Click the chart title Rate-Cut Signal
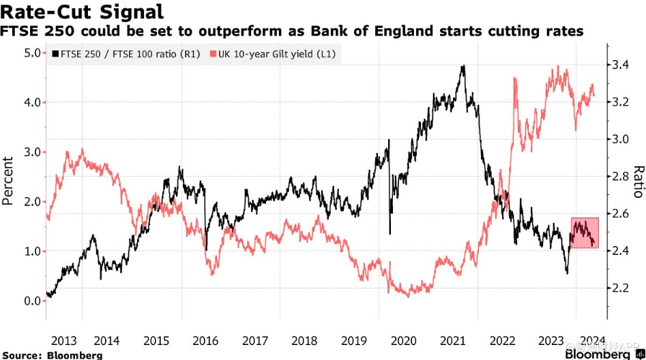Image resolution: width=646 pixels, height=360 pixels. [84, 12]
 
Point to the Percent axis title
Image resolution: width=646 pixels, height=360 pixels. [9, 181]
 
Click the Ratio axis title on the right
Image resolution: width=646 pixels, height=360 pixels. [638, 181]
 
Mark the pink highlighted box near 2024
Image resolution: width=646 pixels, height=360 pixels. [585, 232]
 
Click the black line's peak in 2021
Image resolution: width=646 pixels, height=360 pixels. [463, 67]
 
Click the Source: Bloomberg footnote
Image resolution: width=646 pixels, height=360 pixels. [52, 355]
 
